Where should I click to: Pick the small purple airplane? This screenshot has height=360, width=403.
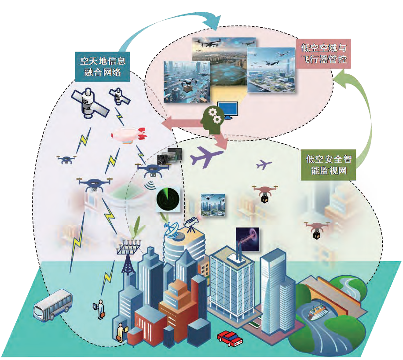pyautogui.click(x=264, y=164)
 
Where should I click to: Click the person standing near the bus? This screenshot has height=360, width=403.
pyautogui.click(x=100, y=308)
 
